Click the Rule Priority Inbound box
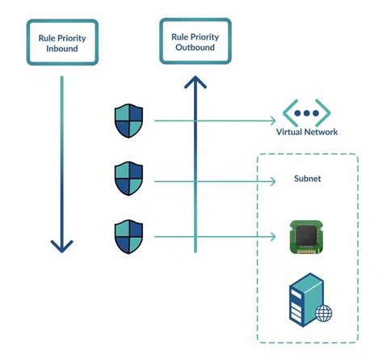[x=62, y=43]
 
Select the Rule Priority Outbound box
[x=194, y=42]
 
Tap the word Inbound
[x=62, y=49]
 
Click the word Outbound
[x=195, y=48]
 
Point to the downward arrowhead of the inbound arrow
[x=62, y=244]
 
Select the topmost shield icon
[x=128, y=121]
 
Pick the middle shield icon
[x=128, y=179]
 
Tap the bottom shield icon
[x=128, y=236]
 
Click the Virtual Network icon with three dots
[x=306, y=112]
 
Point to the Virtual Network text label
[x=306, y=132]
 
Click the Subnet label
[x=306, y=179]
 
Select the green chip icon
[x=306, y=236]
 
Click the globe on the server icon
[x=323, y=313]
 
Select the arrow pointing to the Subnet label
[x=210, y=179]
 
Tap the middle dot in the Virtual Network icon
[x=306, y=112]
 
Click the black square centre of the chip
[x=306, y=236]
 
